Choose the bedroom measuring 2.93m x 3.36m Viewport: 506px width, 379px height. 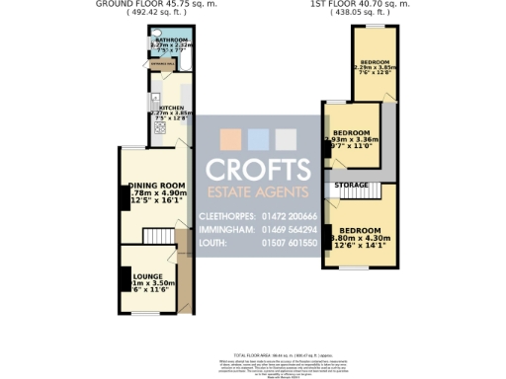tap(351, 133)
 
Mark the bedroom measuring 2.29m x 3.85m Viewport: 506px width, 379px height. tap(376, 61)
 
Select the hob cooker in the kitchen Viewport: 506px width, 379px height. tap(154, 127)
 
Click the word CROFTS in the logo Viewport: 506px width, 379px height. tap(259, 170)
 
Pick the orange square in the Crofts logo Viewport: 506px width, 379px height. tap(231, 138)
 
